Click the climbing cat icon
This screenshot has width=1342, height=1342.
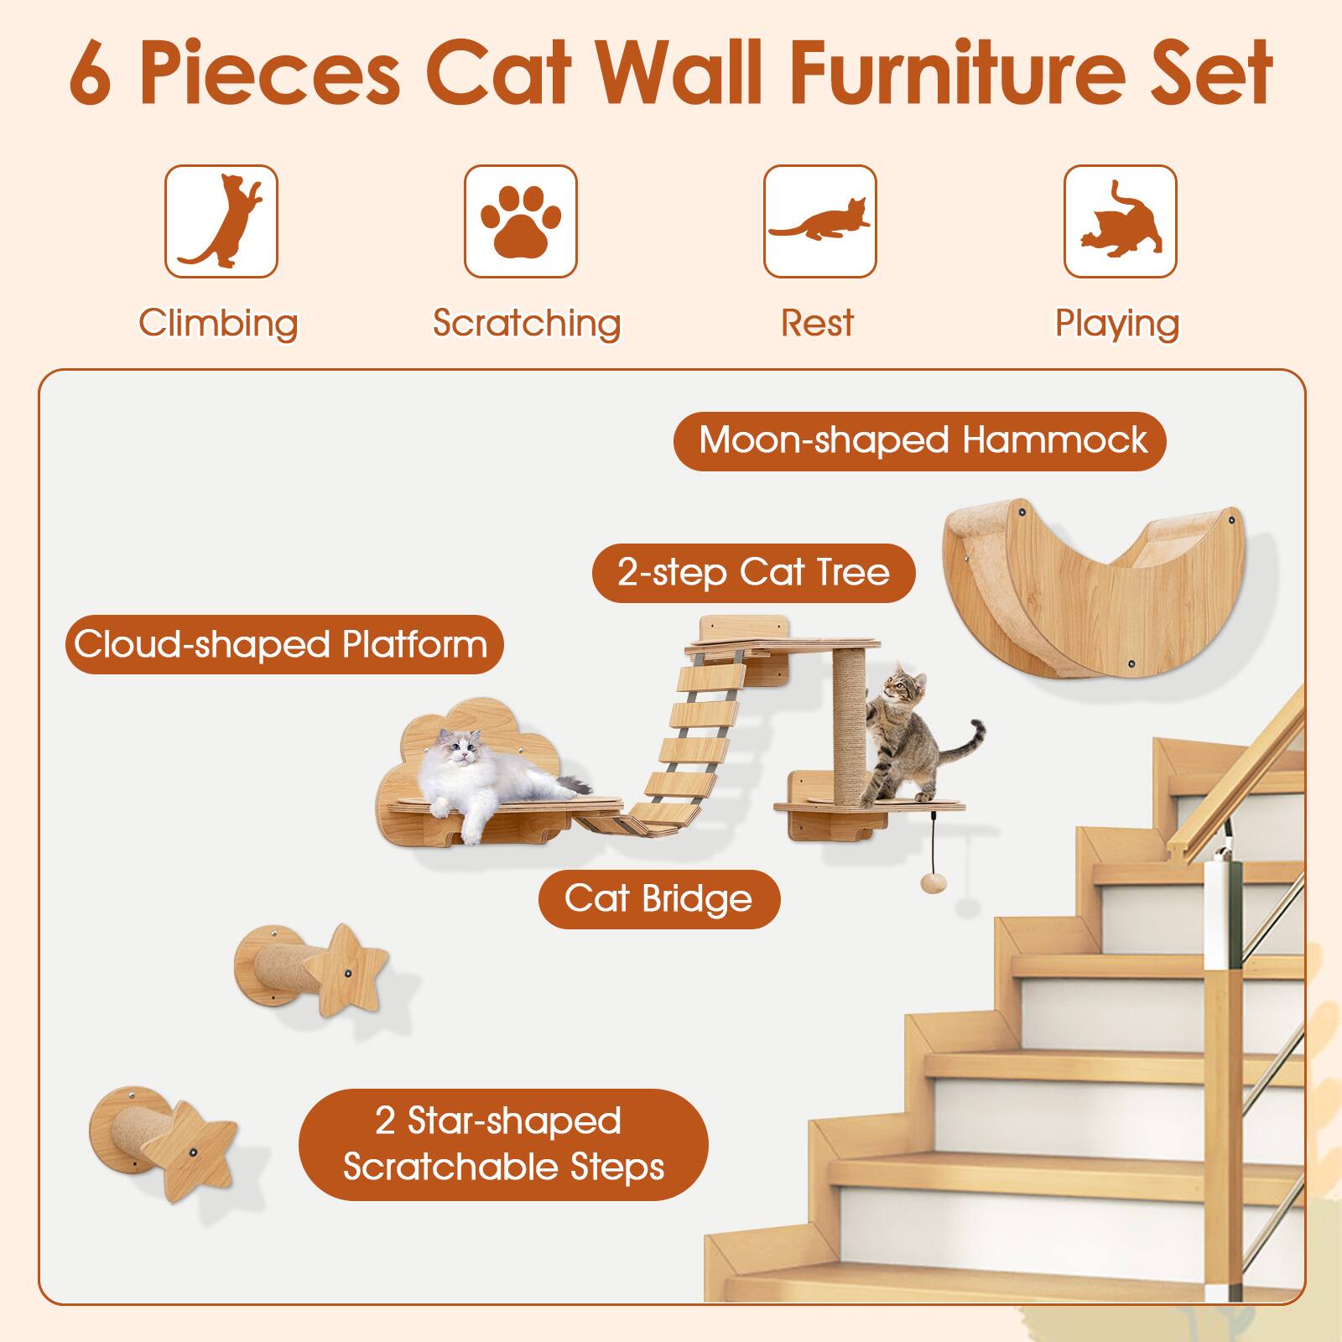(221, 221)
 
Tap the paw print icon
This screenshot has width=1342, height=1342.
(520, 221)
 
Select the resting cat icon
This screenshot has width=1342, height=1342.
(819, 221)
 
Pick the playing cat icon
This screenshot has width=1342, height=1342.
(1120, 221)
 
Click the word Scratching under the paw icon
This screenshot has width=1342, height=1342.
(527, 323)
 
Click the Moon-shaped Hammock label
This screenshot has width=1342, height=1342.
(920, 440)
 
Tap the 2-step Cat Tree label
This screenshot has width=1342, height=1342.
(753, 573)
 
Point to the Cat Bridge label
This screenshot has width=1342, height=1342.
(658, 898)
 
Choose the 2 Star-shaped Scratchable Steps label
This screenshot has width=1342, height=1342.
(503, 1144)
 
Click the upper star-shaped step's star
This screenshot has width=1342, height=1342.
(346, 969)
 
